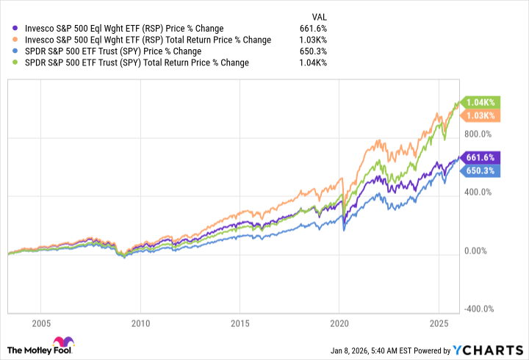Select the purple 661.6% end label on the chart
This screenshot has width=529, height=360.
click(x=482, y=157)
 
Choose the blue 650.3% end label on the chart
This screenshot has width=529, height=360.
click(x=482, y=170)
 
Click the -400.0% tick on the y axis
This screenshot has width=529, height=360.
click(x=482, y=309)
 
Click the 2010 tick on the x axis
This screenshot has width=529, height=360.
click(x=140, y=323)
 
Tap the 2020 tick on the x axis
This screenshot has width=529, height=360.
click(x=339, y=323)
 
